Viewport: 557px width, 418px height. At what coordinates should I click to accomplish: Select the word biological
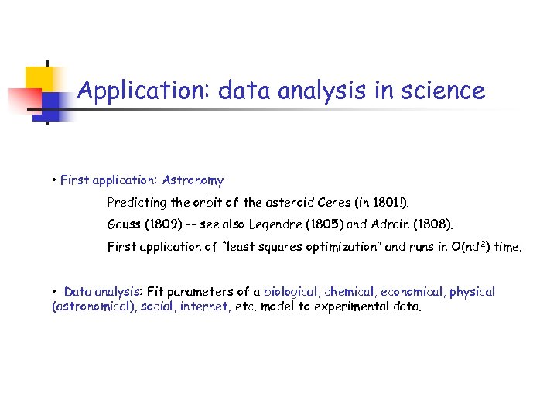(x=290, y=292)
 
